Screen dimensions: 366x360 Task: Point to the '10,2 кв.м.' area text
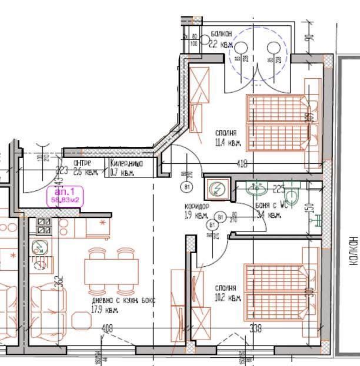227,298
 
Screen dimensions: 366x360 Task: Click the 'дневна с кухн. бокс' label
124,301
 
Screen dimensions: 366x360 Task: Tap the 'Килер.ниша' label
126,164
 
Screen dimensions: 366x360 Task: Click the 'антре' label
82,164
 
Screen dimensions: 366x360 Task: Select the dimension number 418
241,165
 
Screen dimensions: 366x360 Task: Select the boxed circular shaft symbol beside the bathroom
216,189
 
